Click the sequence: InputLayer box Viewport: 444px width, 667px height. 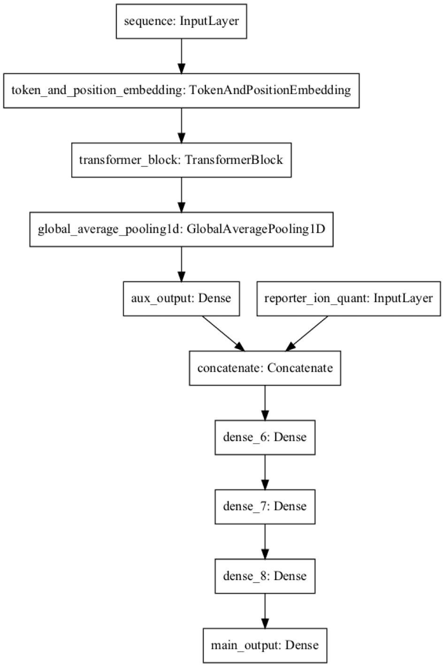coord(181,21)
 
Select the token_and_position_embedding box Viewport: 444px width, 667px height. coord(181,90)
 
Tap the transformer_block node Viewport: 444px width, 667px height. coord(181,160)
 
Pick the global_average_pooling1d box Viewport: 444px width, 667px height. coord(181,229)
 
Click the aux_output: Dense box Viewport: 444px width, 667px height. coord(181,298)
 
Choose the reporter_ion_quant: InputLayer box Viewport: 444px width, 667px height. coord(348,298)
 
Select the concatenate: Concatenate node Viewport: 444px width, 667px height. coord(265,368)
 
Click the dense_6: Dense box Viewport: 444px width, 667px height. coord(265,437)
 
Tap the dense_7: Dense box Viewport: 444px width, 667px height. coord(265,506)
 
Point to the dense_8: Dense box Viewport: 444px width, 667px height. coord(265,576)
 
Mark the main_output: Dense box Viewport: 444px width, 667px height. coord(265,645)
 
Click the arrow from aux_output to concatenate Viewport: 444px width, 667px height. coord(223,333)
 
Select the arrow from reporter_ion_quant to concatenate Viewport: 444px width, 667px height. coord(306,333)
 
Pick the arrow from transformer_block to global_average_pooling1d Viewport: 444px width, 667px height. coord(181,194)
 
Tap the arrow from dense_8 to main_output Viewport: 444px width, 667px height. coord(265,611)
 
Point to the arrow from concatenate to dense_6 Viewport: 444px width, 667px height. coord(265,403)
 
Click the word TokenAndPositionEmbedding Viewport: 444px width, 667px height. coord(269,90)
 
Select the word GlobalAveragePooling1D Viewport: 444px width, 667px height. coord(256,229)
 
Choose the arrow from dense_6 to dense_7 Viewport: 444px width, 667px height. coord(265,472)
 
